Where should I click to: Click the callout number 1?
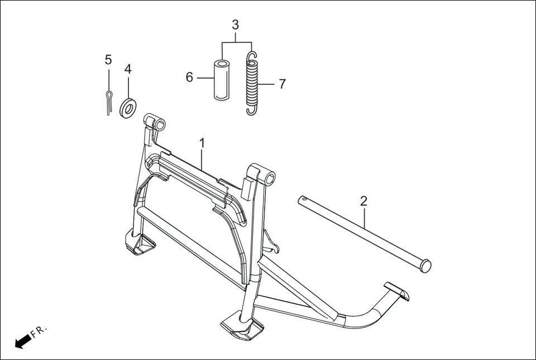[202, 143]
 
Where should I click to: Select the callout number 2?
[363, 201]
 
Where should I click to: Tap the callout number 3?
[235, 25]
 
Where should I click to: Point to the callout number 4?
[128, 70]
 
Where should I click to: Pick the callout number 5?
[108, 60]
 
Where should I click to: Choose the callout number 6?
[189, 78]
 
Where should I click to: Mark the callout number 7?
[282, 84]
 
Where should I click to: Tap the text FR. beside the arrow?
[39, 332]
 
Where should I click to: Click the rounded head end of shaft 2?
[425, 266]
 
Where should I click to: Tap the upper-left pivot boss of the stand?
[155, 122]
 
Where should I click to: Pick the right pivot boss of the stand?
[261, 175]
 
